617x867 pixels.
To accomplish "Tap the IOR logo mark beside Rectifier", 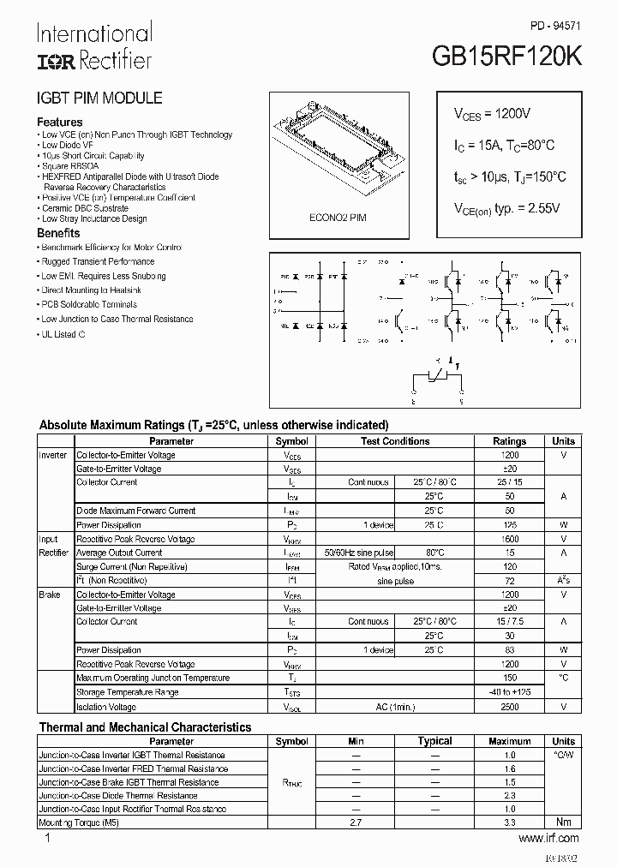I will click(55, 60).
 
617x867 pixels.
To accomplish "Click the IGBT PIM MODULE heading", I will click(99, 99).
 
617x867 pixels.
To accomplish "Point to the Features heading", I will click(60, 122).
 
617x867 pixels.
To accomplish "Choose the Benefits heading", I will click(58, 233).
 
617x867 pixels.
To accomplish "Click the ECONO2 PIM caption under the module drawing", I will click(338, 218).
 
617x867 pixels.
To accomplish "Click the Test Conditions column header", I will click(395, 441).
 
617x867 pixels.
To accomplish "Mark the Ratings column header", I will click(510, 441).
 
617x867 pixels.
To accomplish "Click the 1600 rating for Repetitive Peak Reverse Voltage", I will click(510, 539).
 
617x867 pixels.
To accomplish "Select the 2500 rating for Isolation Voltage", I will click(510, 707).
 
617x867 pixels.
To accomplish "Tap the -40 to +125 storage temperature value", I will click(510, 692).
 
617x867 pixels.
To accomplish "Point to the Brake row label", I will click(49, 595).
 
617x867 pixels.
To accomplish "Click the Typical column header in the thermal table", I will click(434, 741).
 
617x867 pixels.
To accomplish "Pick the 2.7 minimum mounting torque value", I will click(356, 822).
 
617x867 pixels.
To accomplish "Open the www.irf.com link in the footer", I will click(549, 838).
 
